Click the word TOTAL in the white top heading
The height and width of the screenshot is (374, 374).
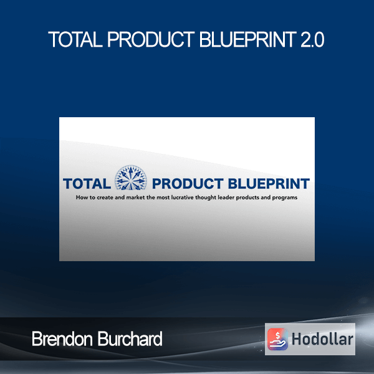(x=75, y=40)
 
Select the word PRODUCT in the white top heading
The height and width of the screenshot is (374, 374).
(x=151, y=40)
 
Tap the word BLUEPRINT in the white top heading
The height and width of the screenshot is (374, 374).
(x=248, y=40)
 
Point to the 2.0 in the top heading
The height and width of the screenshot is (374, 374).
(x=312, y=40)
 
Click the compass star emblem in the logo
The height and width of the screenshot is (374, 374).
(x=131, y=178)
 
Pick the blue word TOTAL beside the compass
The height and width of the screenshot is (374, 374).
(x=87, y=184)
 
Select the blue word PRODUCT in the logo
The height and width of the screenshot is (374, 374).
(x=188, y=184)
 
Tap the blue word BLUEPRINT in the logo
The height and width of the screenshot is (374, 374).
(x=269, y=184)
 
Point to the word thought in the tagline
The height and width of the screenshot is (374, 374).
(x=206, y=198)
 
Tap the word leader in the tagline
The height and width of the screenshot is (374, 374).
(x=226, y=198)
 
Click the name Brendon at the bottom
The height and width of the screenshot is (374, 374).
(x=62, y=338)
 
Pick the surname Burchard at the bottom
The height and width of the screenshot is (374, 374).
(x=130, y=338)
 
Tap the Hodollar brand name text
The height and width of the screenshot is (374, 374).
(x=322, y=339)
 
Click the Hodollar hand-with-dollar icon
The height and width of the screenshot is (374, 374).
(x=277, y=339)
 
